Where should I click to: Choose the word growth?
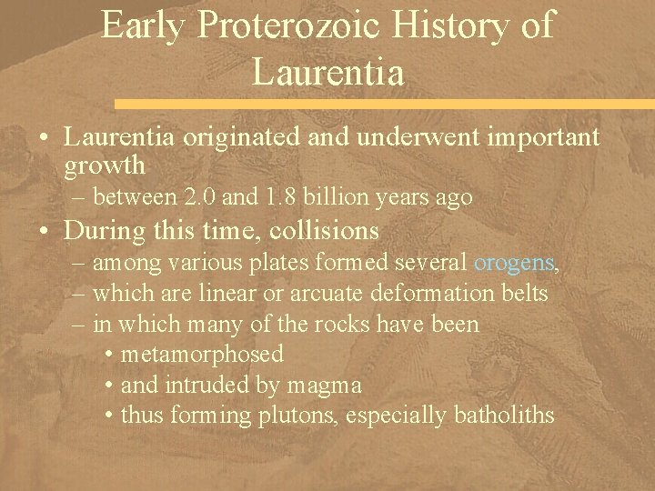(x=105, y=165)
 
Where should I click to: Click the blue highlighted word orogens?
(x=513, y=263)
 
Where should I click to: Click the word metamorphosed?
(x=201, y=354)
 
